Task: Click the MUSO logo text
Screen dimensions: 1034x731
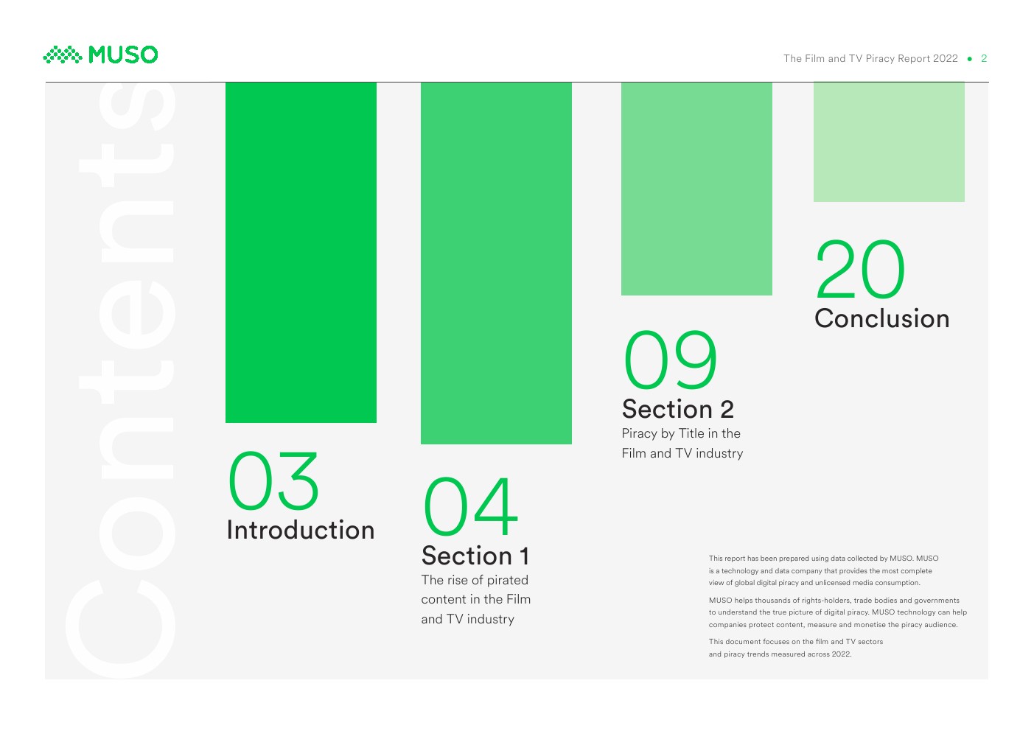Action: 123,55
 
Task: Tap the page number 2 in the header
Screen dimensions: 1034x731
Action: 984,59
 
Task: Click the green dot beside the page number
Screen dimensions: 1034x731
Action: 969,59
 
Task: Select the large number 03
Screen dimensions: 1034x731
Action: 273,480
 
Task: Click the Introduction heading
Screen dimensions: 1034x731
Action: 301,530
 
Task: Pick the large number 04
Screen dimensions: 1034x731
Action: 470,506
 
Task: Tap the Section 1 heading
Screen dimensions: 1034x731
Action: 475,555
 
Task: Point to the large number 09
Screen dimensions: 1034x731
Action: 670,360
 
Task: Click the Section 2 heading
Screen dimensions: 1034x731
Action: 677,409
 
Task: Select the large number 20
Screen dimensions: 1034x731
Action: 860,270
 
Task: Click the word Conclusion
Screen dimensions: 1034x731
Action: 881,318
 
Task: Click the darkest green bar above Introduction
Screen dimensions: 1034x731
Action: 301,253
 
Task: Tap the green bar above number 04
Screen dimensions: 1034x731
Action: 496,263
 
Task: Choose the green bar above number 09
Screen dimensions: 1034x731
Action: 696,189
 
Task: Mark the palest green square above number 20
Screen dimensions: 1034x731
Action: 889,142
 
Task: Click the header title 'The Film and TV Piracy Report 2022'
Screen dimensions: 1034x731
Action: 870,59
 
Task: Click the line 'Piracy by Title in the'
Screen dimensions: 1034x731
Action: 681,433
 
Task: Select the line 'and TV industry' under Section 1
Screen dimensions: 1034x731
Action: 467,619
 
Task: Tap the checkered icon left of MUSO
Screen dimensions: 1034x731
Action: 63,55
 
